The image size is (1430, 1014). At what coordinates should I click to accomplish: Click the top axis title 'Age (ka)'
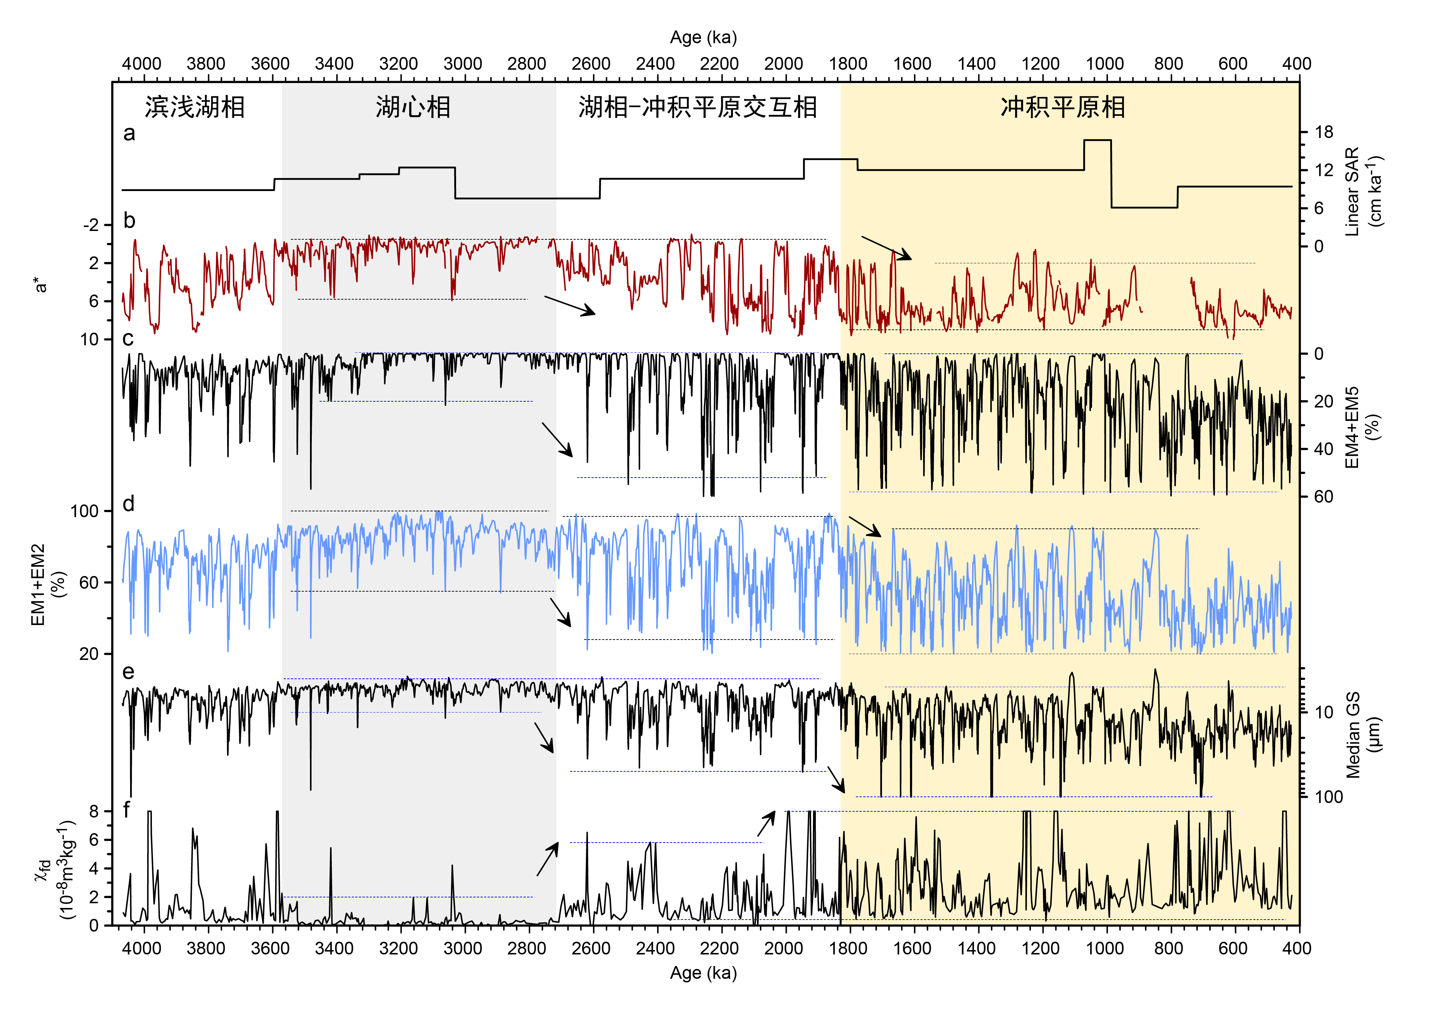704,38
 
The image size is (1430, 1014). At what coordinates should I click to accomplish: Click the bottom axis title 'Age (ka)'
704,973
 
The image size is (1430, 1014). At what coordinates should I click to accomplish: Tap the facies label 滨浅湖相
195,108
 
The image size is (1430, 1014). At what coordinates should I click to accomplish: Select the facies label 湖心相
413,108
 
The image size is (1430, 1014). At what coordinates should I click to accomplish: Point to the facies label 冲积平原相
1063,108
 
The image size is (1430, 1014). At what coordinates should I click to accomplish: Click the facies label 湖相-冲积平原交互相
697,108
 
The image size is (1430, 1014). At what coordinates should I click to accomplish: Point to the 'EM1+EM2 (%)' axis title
48,584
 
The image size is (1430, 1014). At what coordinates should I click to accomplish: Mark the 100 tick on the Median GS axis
1329,797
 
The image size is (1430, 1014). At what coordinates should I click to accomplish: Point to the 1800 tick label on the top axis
848,64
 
